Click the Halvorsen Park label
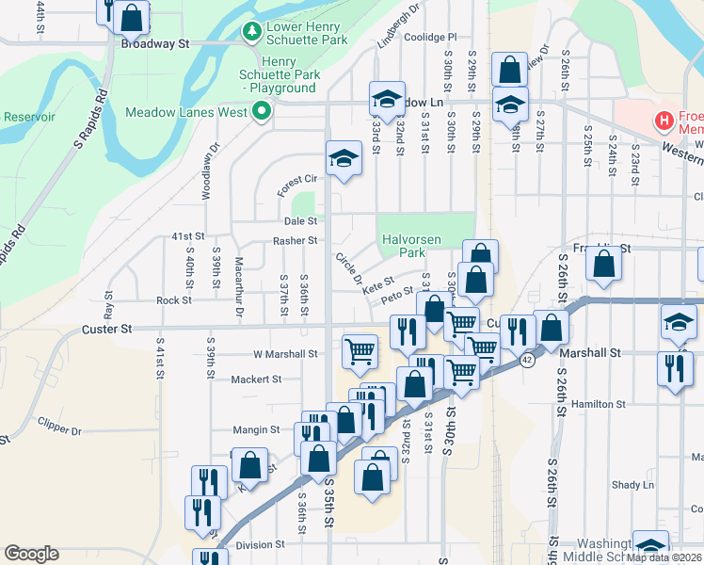pos(411,247)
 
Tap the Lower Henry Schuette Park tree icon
pos(251,33)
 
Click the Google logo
pos(32,554)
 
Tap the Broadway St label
pos(155,43)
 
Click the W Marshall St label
pos(286,354)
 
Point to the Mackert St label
pos(257,379)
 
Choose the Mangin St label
pos(257,429)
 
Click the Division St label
pos(260,544)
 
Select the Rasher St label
pos(296,241)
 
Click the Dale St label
pos(301,221)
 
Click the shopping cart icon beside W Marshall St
pos(360,351)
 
